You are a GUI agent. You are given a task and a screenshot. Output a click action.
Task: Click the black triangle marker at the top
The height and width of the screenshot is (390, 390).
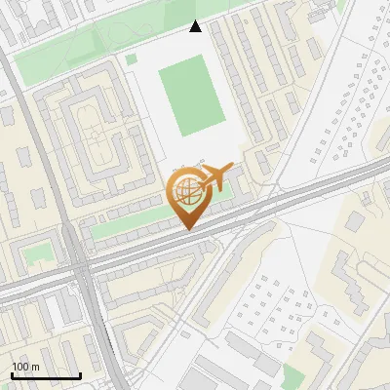[196, 26]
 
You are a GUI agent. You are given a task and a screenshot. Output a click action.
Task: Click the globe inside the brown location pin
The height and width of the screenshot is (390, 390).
[186, 193]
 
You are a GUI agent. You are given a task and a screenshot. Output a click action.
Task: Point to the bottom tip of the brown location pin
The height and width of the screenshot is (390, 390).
[187, 230]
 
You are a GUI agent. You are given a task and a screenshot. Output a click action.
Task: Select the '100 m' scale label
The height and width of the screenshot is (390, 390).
[25, 367]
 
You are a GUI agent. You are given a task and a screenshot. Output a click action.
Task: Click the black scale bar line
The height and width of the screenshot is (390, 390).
[46, 375]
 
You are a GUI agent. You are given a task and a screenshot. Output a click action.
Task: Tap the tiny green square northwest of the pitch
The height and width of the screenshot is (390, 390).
[131, 58]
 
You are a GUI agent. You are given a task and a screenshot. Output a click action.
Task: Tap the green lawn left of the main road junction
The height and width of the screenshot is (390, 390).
[37, 253]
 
